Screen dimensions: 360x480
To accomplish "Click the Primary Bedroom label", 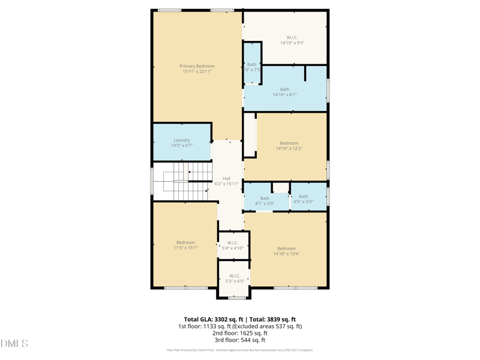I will tap(197, 66).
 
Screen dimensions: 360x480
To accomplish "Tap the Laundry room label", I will tap(182, 140).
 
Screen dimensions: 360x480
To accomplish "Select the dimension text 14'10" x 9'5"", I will tap(292, 43).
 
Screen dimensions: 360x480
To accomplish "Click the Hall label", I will tap(227, 178).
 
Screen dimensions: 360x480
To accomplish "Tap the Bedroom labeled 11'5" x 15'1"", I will tap(185, 242).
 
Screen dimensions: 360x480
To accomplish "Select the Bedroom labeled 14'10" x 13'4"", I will tap(286, 248).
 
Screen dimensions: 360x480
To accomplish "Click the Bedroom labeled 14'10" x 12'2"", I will tap(289, 143).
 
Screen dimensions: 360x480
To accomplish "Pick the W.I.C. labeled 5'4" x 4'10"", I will tap(233, 243).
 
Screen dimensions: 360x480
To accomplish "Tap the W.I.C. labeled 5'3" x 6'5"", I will tap(234, 276).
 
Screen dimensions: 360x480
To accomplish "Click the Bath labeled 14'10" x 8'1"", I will tap(284, 89).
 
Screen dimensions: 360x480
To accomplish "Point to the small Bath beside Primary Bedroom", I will tap(252, 65).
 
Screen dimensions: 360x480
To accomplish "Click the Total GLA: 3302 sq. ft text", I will tap(213, 320).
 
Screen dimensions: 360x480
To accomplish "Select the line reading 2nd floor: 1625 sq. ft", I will tap(240, 334).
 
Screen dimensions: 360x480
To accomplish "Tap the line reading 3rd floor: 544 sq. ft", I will tap(240, 340).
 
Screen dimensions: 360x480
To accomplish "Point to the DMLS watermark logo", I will tap(14, 344).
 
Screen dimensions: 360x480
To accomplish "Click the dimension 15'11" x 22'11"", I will tap(197, 72).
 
